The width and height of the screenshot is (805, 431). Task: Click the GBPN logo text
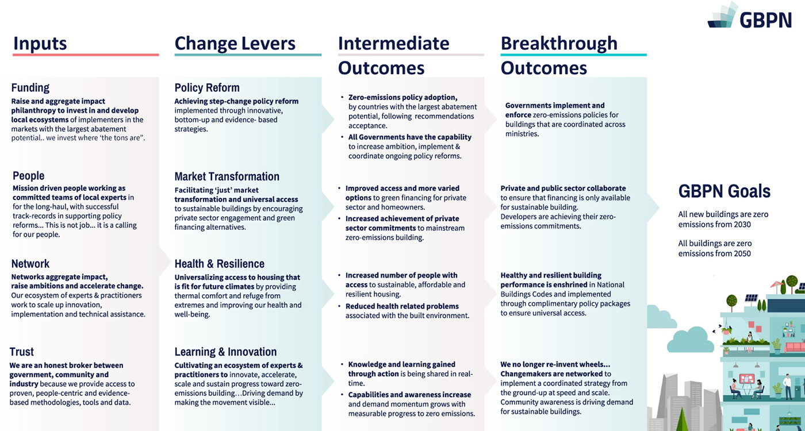[x=766, y=20]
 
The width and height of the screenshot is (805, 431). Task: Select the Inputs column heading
[x=40, y=44]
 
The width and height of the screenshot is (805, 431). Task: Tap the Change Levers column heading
[x=235, y=44]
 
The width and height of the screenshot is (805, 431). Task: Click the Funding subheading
[x=30, y=87]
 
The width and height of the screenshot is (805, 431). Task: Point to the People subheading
[x=28, y=176]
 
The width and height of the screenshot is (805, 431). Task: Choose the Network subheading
[x=30, y=264]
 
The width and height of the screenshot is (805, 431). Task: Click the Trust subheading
[x=22, y=352]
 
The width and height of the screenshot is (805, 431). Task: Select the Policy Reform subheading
[x=207, y=87]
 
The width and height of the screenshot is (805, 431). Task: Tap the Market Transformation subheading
[x=227, y=176]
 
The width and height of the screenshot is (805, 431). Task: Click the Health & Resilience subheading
[x=219, y=264]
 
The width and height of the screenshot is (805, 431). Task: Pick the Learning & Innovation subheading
[x=225, y=352]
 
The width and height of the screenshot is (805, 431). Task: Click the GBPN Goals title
[x=724, y=191]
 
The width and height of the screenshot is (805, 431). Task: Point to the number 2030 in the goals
[x=742, y=225]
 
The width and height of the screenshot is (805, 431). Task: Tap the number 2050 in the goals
[x=742, y=253]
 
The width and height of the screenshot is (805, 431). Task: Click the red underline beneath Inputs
[x=86, y=55]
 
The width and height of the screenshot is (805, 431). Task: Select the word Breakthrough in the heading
[x=559, y=44]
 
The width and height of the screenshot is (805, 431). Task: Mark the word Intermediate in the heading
[x=393, y=44]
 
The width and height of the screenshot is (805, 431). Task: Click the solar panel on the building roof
[x=751, y=298]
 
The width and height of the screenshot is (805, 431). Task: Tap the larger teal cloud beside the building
[x=690, y=340]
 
